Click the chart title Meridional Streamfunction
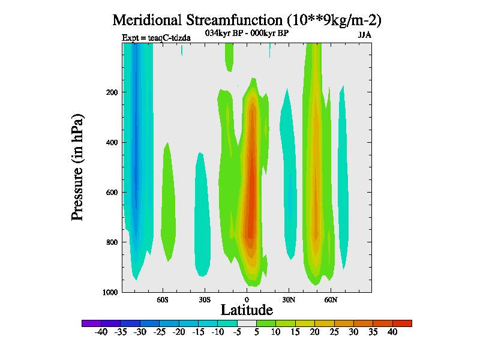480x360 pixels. point(247,20)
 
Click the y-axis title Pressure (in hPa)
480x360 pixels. point(77,166)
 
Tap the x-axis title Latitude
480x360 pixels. point(247,310)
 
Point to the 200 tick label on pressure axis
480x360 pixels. point(110,92)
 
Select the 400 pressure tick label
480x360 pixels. point(110,142)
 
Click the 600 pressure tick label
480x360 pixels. point(110,193)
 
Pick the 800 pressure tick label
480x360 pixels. point(110,242)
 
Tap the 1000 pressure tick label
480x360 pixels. point(108,292)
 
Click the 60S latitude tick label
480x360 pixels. point(163,299)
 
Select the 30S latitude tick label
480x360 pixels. point(205,299)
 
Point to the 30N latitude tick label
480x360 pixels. point(289,299)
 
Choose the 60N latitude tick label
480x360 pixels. point(331,299)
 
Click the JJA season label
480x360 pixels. point(365,35)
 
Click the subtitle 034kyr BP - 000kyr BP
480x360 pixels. point(247,34)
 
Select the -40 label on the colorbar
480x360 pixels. point(101,332)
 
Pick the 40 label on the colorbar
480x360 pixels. point(392,332)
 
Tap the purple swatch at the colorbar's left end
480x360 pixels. point(91,323)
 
